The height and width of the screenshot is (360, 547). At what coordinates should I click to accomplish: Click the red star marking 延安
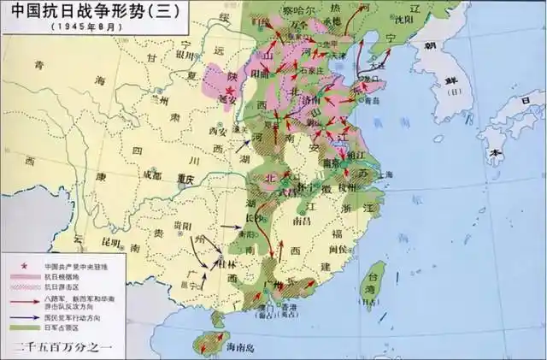tap(229, 90)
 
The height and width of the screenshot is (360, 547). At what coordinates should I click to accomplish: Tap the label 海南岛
tap(242, 349)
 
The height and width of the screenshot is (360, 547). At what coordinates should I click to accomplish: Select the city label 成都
tap(153, 174)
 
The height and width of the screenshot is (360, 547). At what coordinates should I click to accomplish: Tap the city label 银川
tap(187, 52)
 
